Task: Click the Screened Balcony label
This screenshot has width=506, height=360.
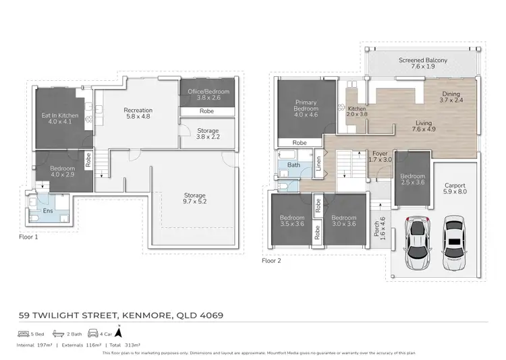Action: pos(423,63)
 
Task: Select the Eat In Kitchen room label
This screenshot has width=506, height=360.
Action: pos(60,119)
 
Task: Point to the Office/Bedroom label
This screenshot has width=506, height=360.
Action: pos(207,94)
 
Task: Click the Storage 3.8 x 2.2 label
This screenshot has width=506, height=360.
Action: pos(207,133)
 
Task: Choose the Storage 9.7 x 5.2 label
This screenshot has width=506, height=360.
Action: pos(194,199)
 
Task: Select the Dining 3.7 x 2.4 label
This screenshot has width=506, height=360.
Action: pos(451,97)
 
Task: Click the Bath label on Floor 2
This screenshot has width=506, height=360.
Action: pos(293,164)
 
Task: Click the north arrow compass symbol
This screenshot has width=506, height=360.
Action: pos(119,331)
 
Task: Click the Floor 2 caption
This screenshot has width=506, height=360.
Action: pos(272,260)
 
